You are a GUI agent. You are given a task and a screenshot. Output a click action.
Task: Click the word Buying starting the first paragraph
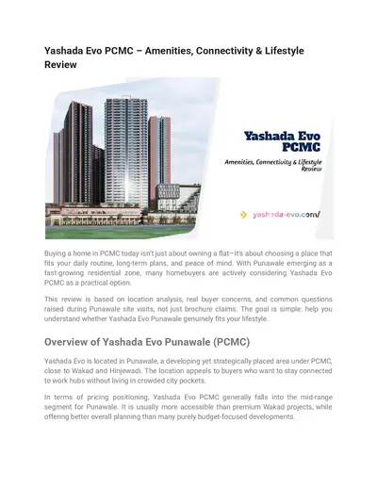click(x=59, y=254)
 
